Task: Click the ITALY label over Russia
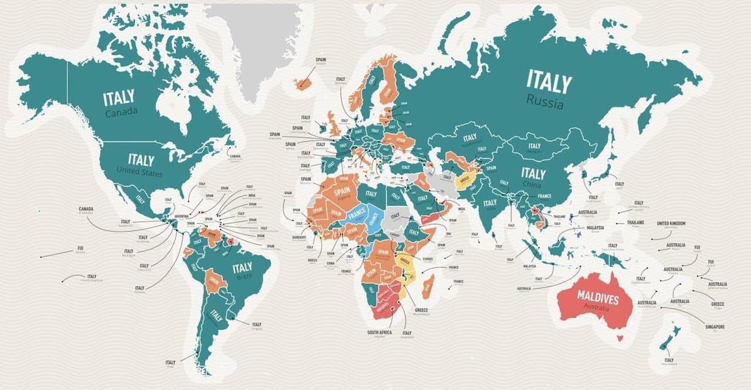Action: pyautogui.click(x=549, y=81)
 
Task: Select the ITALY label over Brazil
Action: pyautogui.click(x=242, y=267)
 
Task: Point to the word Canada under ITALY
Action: pyautogui.click(x=121, y=113)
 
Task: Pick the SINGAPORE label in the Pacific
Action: pyautogui.click(x=714, y=326)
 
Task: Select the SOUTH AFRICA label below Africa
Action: pyautogui.click(x=379, y=332)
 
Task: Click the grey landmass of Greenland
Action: pyautogui.click(x=250, y=44)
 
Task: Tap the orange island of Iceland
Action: pyautogui.click(x=305, y=81)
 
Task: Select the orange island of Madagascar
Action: pyautogui.click(x=429, y=286)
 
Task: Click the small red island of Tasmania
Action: pyautogui.click(x=620, y=338)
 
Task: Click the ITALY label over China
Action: pyautogui.click(x=533, y=173)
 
